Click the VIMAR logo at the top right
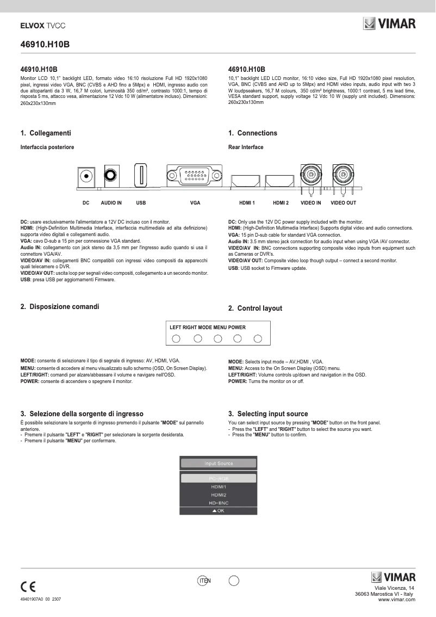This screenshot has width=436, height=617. click(389, 24)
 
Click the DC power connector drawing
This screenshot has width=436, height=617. click(86, 176)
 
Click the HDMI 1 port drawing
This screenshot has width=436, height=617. click(247, 180)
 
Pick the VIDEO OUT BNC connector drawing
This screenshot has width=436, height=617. click(343, 175)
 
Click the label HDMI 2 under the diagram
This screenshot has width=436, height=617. click(281, 203)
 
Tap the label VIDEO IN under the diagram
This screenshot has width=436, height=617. click(311, 203)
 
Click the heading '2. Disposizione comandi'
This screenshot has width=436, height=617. click(60, 307)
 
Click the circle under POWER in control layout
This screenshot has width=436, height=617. click(258, 339)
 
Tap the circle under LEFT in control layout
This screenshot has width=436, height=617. click(176, 339)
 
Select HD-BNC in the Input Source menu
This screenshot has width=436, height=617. click(219, 503)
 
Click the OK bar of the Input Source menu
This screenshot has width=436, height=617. click(219, 511)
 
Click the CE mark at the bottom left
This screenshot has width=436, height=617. click(28, 587)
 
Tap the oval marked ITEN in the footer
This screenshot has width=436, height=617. click(204, 581)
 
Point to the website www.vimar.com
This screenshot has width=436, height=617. click(397, 599)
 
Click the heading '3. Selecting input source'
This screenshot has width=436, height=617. click(268, 414)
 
